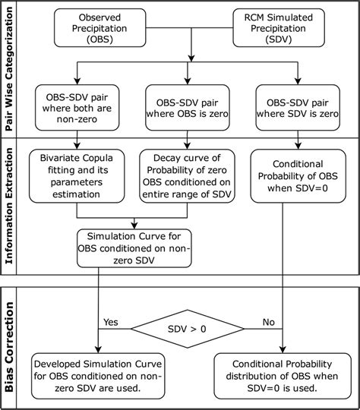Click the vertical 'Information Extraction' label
point(11,205)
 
